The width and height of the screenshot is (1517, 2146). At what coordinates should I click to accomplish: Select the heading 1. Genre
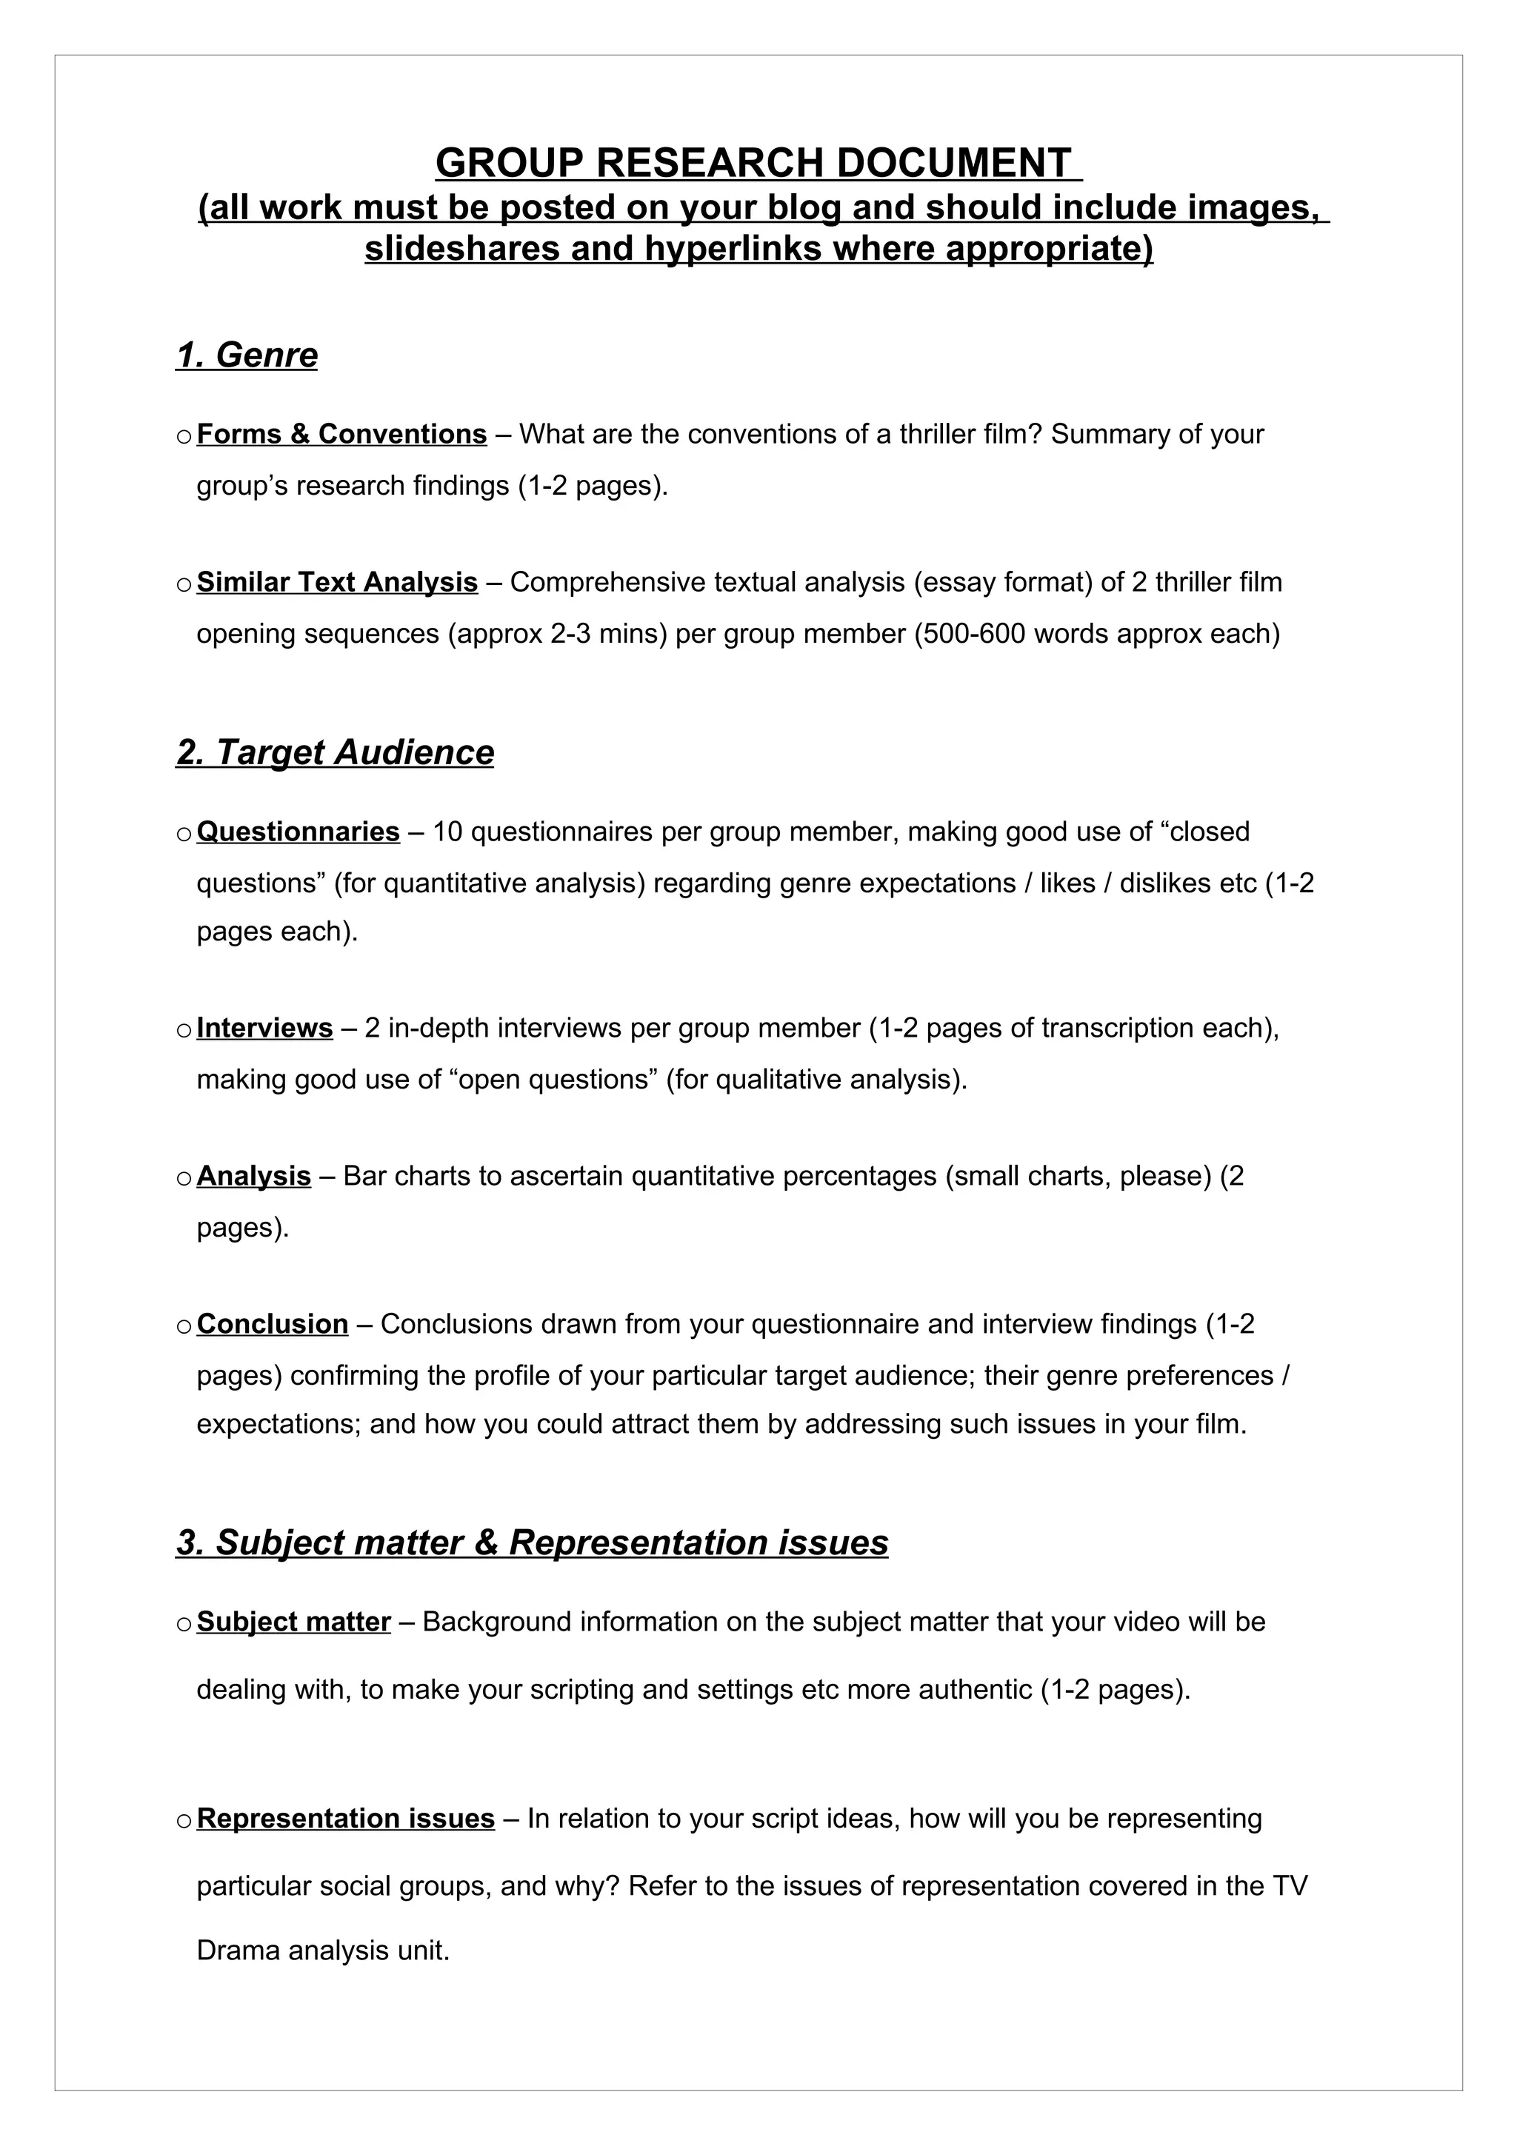pyautogui.click(x=247, y=355)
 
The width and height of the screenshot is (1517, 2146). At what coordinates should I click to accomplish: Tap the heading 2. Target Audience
pyautogui.click(x=335, y=752)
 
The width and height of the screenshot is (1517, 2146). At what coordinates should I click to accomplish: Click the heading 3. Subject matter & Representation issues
pyautogui.click(x=532, y=1542)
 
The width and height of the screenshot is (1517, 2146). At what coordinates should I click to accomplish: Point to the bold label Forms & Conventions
pyautogui.click(x=341, y=434)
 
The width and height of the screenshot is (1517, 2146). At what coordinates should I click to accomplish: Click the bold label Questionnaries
pyautogui.click(x=299, y=831)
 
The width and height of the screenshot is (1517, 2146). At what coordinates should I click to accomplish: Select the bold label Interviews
pyautogui.click(x=264, y=1028)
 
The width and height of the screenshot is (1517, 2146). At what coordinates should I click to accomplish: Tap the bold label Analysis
pyautogui.click(x=253, y=1176)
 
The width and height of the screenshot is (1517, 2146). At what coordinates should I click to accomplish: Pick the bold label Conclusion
pyautogui.click(x=272, y=1325)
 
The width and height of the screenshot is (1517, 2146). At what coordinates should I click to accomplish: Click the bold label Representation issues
pyautogui.click(x=346, y=1819)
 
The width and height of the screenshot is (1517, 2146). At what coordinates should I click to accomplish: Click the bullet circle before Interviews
pyautogui.click(x=183, y=1030)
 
